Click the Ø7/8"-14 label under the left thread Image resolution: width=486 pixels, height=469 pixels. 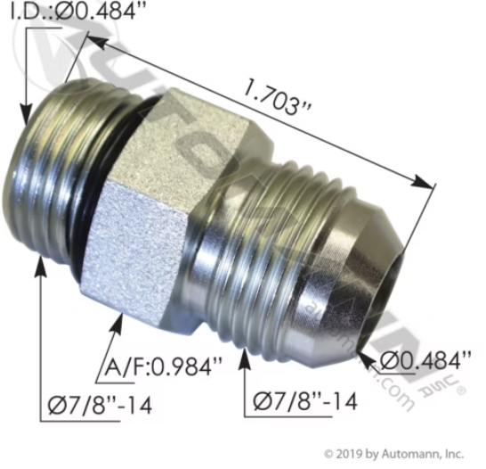tap(99, 405)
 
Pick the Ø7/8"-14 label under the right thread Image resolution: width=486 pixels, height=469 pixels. tap(305, 401)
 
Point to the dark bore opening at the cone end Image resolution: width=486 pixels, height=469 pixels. tap(385, 285)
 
